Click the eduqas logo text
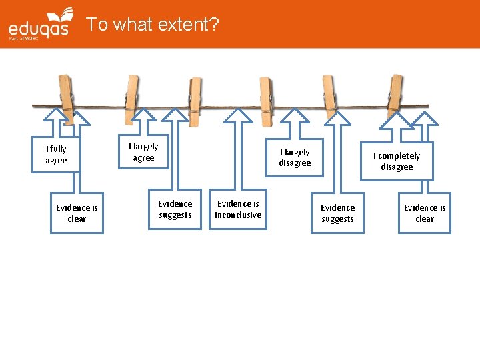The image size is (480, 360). pyautogui.click(x=38, y=29)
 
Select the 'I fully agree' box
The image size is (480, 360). pyautogui.click(x=56, y=155)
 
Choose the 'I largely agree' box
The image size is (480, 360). pyautogui.click(x=143, y=152)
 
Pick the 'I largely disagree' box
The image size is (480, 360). pyautogui.click(x=295, y=158)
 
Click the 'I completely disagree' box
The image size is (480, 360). pyautogui.click(x=397, y=161)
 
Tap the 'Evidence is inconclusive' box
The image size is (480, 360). pyautogui.click(x=238, y=209)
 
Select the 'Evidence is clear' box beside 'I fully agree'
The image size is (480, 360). pyautogui.click(x=77, y=213)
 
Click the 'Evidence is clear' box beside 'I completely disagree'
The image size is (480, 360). pyautogui.click(x=425, y=213)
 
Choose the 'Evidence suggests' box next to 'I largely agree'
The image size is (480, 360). pyautogui.click(x=175, y=209)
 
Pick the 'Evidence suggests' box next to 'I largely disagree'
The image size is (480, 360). pyautogui.click(x=338, y=213)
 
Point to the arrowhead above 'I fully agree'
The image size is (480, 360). pyautogui.click(x=55, y=117)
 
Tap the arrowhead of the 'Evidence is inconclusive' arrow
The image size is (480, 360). pyautogui.click(x=238, y=117)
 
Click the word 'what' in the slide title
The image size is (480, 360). pyautogui.click(x=130, y=25)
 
